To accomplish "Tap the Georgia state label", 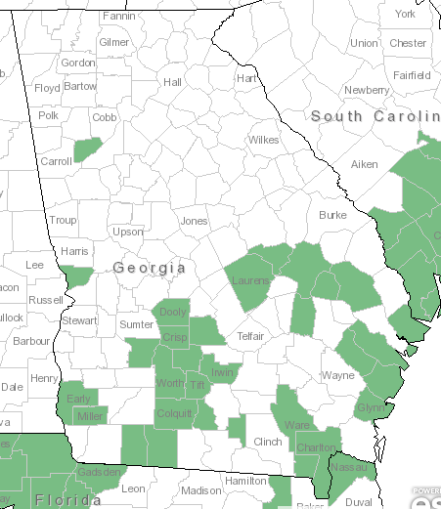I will tap(149, 267).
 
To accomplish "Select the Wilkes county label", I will tap(263, 141).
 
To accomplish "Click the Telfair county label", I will tap(251, 336).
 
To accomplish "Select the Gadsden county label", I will tap(99, 473).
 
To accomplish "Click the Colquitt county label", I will tap(175, 413).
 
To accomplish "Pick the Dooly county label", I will tap(172, 313).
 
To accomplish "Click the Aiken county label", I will tap(365, 164).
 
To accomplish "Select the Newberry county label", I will tap(367, 90).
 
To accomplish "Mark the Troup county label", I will tap(63, 221).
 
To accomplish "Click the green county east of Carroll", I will tap(88, 148).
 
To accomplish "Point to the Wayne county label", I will tap(338, 375).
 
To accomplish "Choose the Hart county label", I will tap(246, 78).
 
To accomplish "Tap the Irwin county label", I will tap(225, 372).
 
